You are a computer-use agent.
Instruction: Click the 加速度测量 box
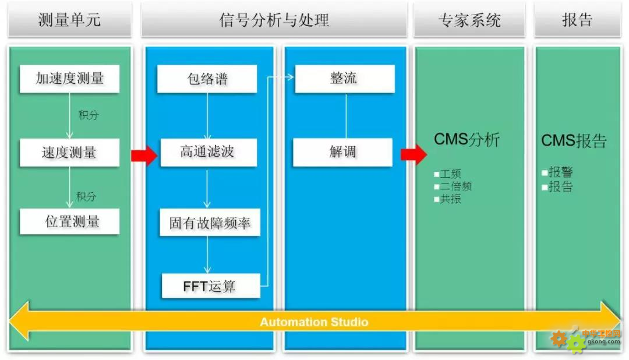click(x=69, y=79)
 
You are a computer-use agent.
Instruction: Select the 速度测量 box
click(x=69, y=153)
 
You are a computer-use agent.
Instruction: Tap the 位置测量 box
click(x=69, y=222)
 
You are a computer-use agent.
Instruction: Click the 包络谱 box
click(x=207, y=79)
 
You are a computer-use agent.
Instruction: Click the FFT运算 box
click(x=210, y=286)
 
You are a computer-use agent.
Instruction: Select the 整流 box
click(x=344, y=79)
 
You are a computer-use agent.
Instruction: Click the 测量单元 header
click(x=69, y=20)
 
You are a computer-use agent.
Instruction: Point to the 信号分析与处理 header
click(x=274, y=20)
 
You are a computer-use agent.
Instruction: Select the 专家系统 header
click(x=469, y=20)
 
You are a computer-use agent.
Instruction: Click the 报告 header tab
click(x=577, y=20)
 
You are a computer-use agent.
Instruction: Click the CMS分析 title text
click(x=467, y=140)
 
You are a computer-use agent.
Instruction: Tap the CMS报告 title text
click(x=574, y=141)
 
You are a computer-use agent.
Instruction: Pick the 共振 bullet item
click(x=450, y=199)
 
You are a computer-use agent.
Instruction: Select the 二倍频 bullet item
click(x=455, y=186)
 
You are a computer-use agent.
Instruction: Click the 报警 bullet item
click(x=560, y=172)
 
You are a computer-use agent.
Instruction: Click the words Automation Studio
click(x=314, y=322)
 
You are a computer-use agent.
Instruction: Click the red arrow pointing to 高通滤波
click(x=143, y=156)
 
